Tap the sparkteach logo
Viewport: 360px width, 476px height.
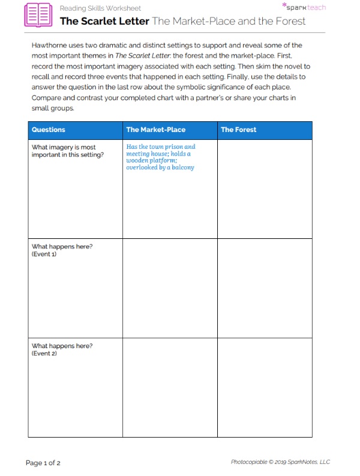305,7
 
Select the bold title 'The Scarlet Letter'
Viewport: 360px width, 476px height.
104,21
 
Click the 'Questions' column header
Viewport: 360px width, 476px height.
49,130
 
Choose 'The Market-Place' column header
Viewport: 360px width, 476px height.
155,130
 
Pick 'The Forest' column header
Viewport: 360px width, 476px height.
238,130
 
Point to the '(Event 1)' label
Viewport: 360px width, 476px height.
44,255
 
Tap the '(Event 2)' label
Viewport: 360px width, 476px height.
44,354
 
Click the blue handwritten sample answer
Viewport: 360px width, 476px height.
160,157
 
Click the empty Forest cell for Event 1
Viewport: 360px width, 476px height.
264,288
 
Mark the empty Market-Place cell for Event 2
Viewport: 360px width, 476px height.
170,388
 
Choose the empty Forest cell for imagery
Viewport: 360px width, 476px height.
264,189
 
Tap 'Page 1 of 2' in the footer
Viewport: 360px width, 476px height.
43,463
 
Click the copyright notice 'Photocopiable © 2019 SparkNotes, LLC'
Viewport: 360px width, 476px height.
280,462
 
